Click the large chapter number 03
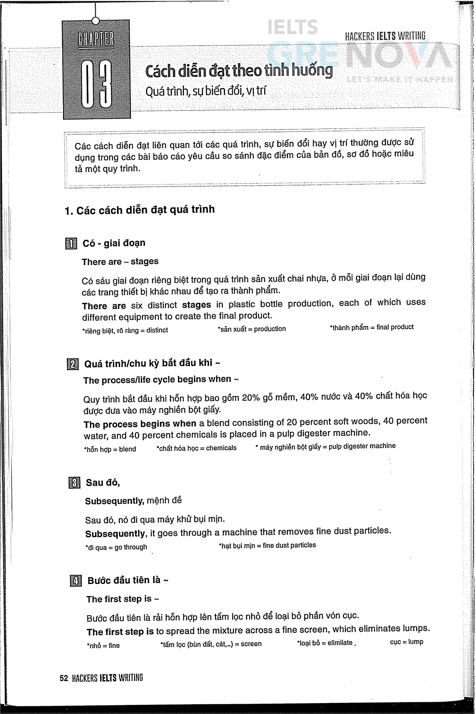(96, 84)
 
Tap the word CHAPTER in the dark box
(96, 40)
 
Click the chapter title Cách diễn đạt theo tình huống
(239, 71)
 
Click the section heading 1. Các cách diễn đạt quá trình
(139, 209)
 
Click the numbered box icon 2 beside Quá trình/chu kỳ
(73, 364)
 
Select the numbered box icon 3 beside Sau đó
(74, 483)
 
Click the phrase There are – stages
(120, 262)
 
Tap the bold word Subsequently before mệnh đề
(115, 501)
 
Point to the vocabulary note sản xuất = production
(251, 329)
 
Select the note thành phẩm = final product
(372, 327)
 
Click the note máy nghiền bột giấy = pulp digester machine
(326, 446)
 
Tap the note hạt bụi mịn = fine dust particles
(267, 545)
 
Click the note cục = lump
(406, 642)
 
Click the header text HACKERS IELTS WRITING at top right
(385, 36)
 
